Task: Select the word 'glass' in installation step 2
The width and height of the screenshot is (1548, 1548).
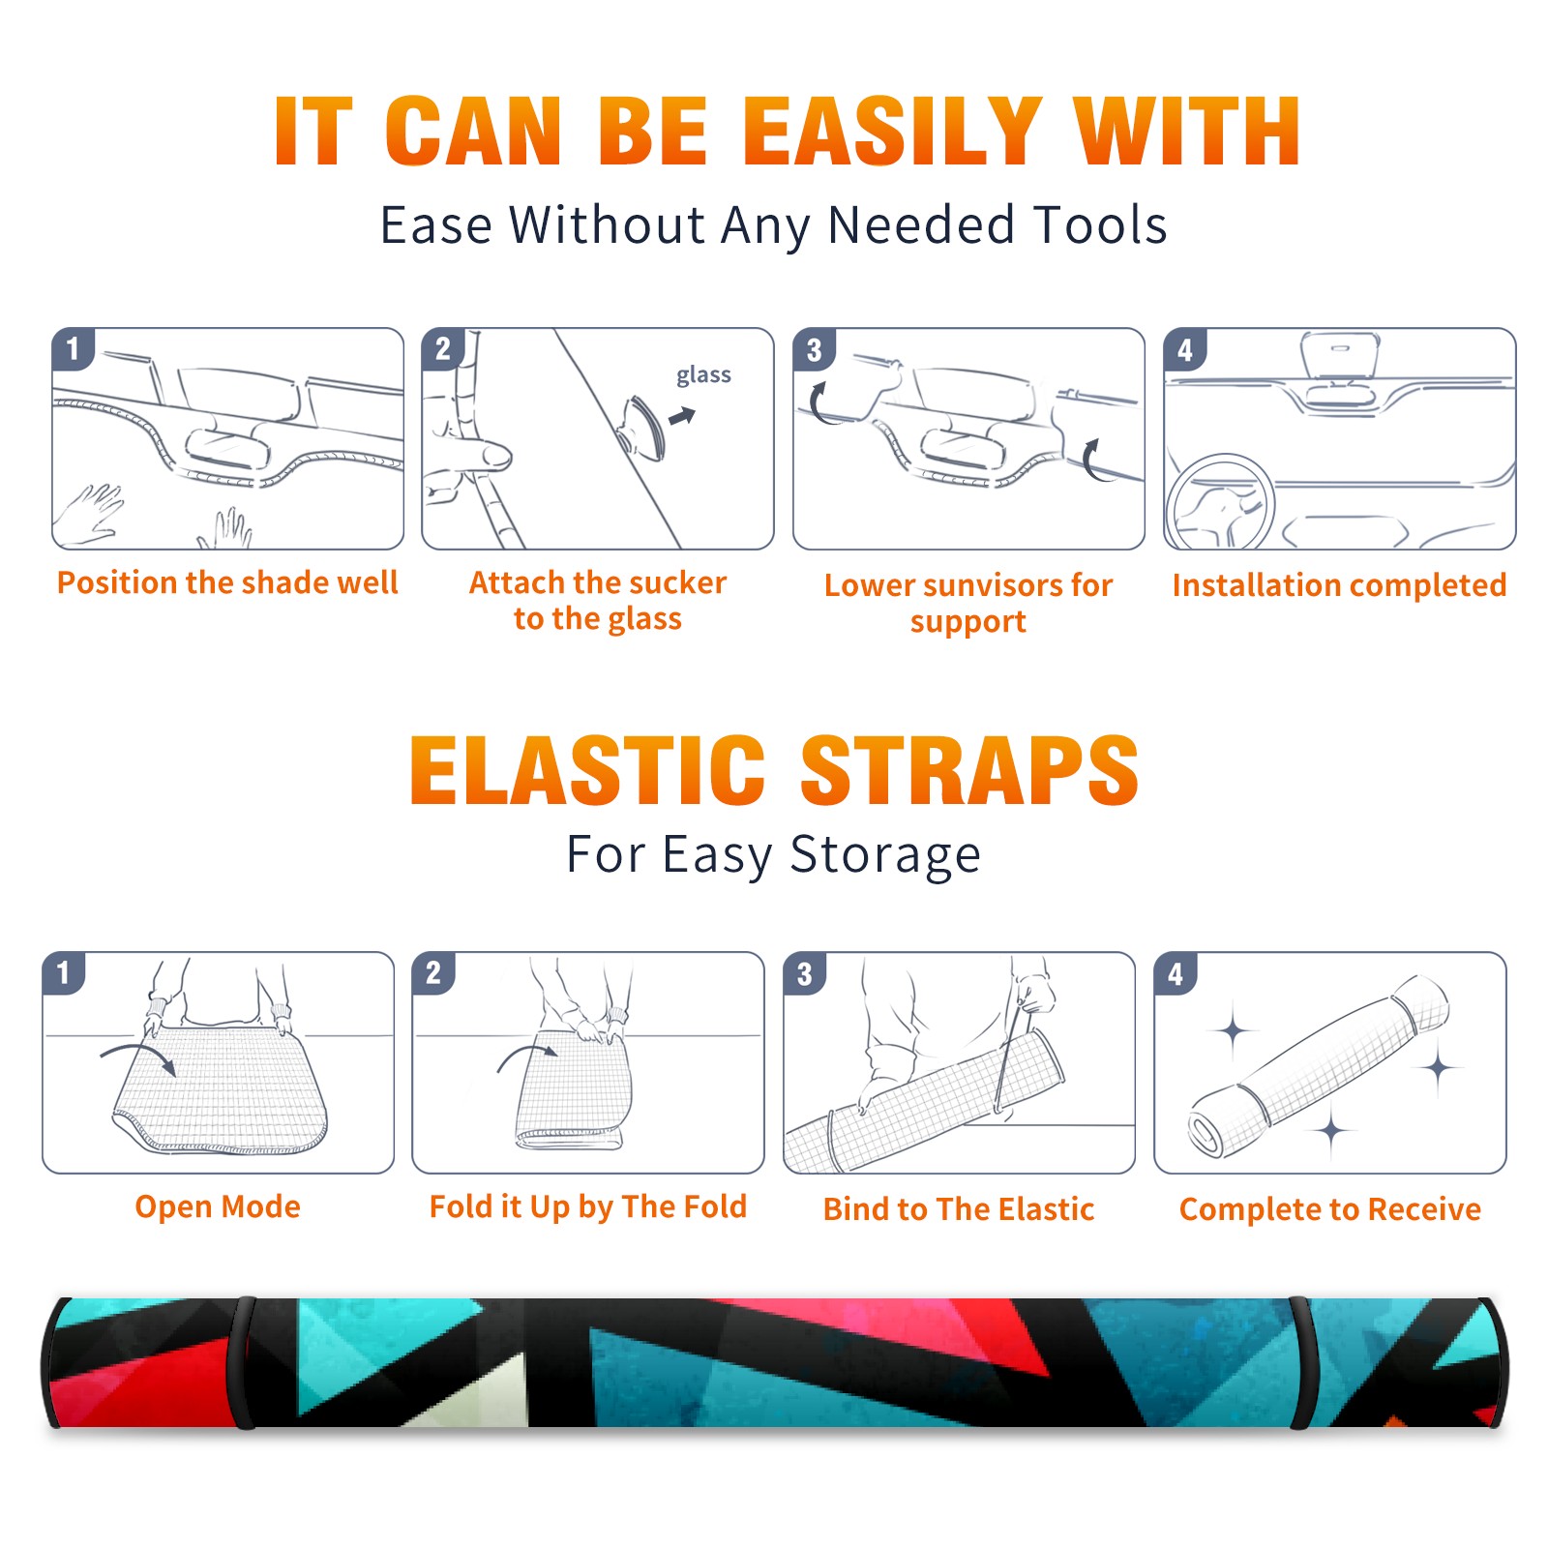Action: click(703, 375)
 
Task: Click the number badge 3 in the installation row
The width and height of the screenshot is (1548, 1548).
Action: click(815, 349)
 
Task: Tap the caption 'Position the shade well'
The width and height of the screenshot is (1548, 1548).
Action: click(227, 582)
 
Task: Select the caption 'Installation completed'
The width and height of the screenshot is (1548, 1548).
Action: click(1339, 585)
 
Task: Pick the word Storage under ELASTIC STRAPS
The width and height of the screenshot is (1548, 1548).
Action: click(885, 855)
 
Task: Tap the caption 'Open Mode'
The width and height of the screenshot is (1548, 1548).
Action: click(218, 1207)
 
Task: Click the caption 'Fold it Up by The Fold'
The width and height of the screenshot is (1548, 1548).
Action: click(588, 1207)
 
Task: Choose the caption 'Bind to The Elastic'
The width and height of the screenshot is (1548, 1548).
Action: click(959, 1209)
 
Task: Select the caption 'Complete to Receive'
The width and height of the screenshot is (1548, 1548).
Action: click(1330, 1209)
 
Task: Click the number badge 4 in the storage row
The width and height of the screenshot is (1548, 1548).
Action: click(1176, 973)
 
